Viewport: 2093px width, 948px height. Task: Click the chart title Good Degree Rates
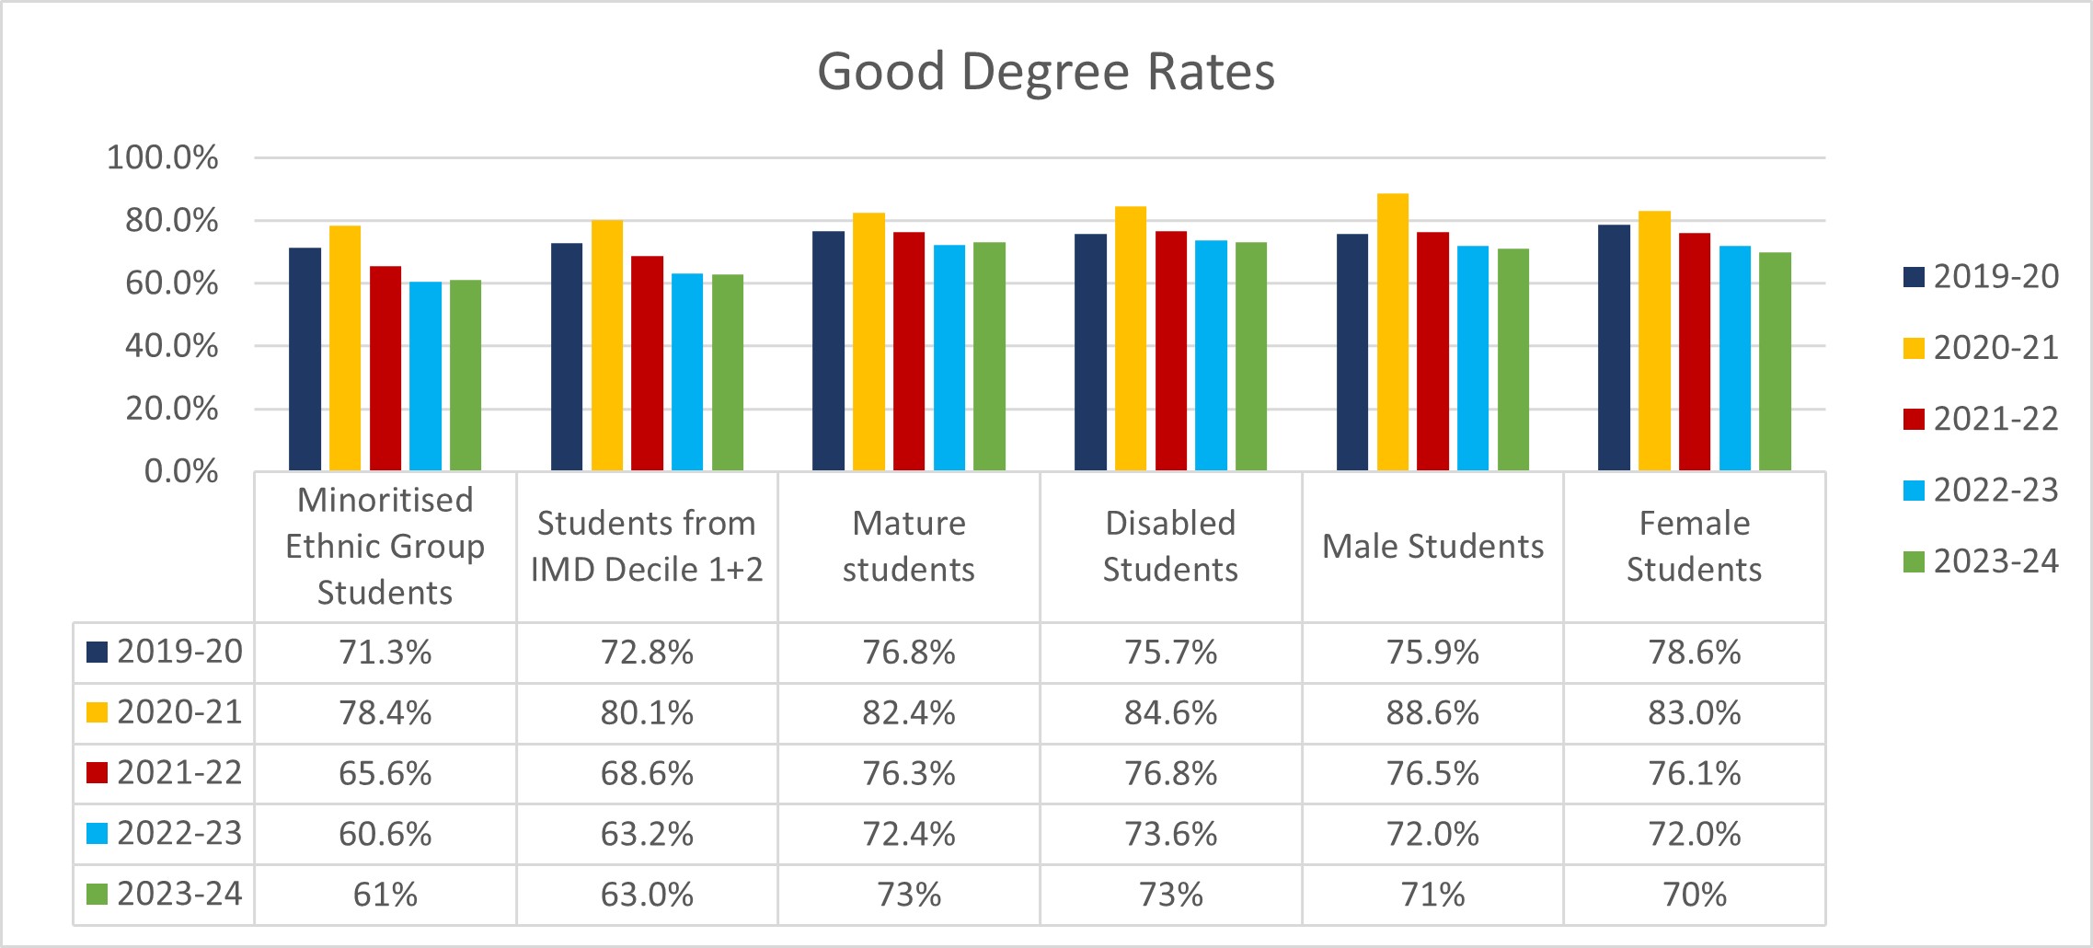1046,72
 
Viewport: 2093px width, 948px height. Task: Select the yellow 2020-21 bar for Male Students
1392,332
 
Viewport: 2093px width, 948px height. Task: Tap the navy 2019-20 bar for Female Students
1614,348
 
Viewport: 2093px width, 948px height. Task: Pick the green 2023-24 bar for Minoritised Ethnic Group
466,376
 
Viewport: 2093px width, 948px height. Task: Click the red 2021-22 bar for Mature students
909,352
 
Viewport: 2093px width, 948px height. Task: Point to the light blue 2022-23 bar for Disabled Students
1211,355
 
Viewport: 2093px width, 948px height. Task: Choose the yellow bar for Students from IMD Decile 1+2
607,345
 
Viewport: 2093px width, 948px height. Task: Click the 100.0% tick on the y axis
163,157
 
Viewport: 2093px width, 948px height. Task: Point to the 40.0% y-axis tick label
172,346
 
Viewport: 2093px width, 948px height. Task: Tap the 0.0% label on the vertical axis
181,471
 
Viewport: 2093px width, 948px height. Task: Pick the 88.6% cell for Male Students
1432,713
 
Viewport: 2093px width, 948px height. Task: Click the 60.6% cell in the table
385,834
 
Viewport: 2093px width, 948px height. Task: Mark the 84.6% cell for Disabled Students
1170,713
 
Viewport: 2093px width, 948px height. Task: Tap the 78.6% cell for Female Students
1694,653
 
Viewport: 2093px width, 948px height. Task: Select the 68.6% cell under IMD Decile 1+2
647,773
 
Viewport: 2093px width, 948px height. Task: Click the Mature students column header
909,547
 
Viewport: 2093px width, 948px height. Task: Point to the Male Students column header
1432,547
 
